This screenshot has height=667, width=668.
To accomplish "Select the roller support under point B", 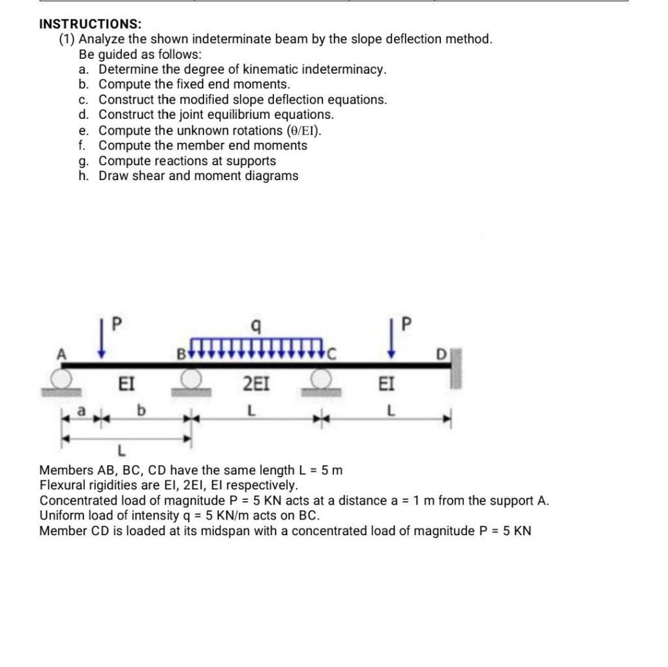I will click(190, 379).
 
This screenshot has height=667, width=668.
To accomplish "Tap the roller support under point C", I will click(320, 379).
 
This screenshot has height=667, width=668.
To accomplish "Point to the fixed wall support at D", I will click(455, 369).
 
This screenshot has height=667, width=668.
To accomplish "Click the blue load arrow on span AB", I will click(101, 339).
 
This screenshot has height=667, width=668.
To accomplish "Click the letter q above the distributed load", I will click(256, 324).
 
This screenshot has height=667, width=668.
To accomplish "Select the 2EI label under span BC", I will click(256, 384).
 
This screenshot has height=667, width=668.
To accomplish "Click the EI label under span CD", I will click(386, 384).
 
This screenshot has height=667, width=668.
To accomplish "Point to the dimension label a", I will click(82, 412).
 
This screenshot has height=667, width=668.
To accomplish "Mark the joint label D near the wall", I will click(442, 354).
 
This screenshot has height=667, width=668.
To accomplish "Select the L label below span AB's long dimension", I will click(120, 450).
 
